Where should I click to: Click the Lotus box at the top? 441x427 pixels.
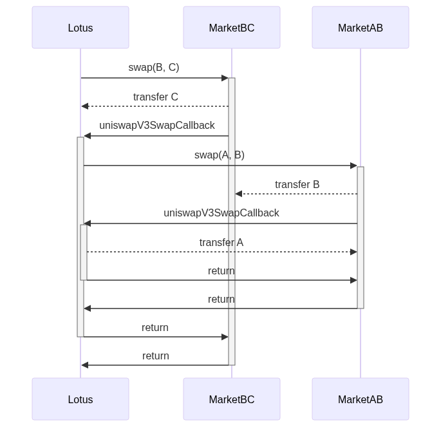coord(80,28)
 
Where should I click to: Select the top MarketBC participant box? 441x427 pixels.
coord(232,28)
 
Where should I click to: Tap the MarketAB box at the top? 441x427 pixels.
coord(361,28)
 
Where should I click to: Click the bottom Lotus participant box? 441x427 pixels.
coord(80,399)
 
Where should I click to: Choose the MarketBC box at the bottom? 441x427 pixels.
coord(232,399)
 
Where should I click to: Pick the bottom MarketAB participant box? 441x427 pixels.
coord(361,399)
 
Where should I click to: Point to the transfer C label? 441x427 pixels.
coord(156,97)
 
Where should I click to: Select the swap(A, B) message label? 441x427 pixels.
coord(220,155)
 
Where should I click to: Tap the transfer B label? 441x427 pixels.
coord(297,184)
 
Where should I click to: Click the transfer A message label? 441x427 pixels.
coord(221,242)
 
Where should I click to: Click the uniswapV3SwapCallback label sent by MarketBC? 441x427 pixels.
coord(157,125)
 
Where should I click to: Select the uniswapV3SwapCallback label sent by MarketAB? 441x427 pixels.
coord(221,213)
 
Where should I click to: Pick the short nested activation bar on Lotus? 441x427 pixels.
coord(84,252)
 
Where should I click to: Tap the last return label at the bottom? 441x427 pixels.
coord(156,356)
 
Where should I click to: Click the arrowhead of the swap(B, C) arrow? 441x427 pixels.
coord(225,78)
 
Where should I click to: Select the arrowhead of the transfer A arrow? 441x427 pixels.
coord(353,252)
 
